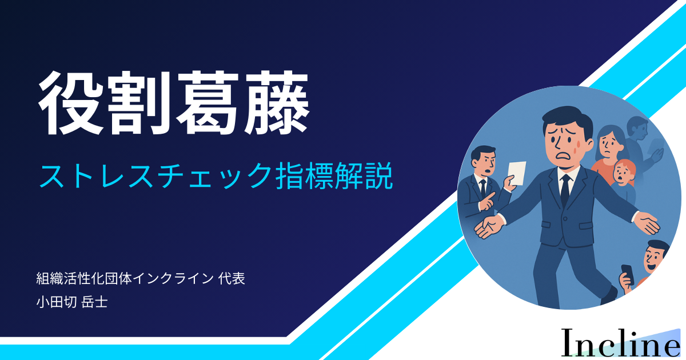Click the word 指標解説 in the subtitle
coord(334,175)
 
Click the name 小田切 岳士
coord(72,302)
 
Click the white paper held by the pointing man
coord(517,173)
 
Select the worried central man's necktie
coord(565,190)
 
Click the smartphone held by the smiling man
coord(628,274)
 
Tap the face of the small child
coord(623,174)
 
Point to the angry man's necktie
coord(483,187)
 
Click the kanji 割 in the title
coord(140,103)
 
